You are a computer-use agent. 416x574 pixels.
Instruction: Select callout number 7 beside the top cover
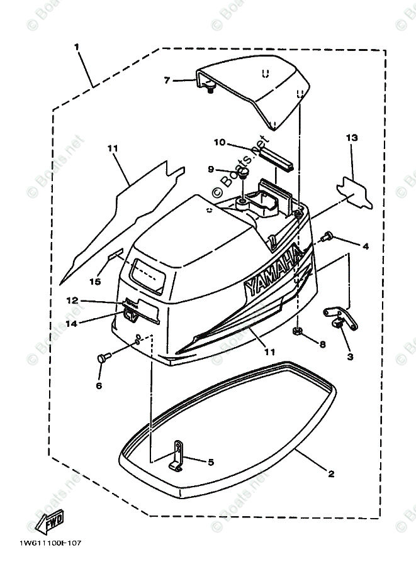point(167,80)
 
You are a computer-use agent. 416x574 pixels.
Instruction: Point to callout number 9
point(211,169)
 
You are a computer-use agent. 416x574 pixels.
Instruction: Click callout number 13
point(351,137)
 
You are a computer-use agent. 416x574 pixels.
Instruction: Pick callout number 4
point(365,247)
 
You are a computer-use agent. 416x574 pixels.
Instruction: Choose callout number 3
point(350,356)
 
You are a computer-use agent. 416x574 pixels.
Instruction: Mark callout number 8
point(322,344)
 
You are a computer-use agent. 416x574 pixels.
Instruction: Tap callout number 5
point(210,462)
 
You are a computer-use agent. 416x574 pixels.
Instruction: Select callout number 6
point(99,385)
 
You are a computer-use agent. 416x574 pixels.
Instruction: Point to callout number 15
point(94,282)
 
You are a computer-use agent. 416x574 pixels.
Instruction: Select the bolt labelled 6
point(103,358)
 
